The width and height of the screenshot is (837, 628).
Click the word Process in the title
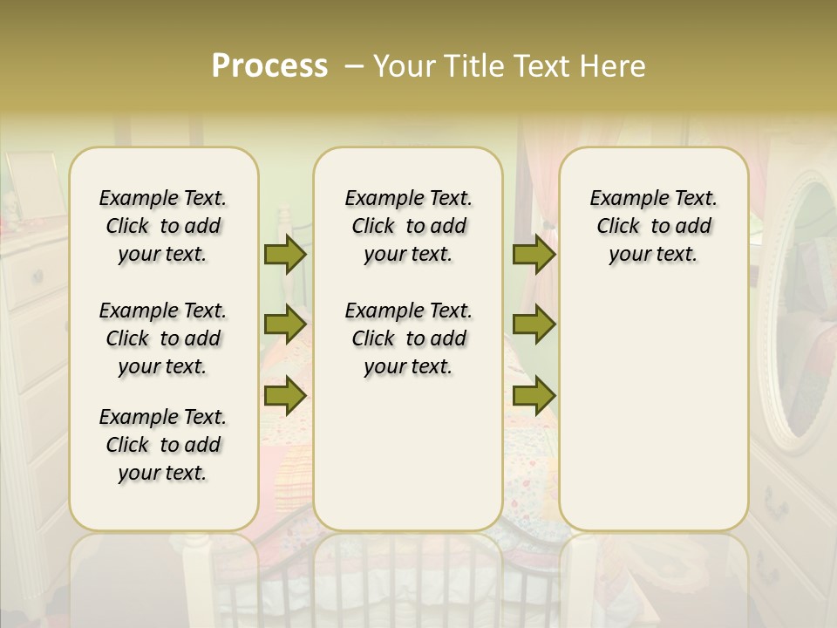[269, 66]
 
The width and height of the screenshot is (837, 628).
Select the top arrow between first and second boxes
[285, 255]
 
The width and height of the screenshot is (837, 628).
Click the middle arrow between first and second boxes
[285, 324]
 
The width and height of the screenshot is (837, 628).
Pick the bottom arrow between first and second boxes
[285, 395]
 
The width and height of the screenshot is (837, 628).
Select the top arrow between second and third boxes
[534, 255]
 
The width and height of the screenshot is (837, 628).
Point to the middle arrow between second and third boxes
[534, 324]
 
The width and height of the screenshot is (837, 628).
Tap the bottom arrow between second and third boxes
[534, 395]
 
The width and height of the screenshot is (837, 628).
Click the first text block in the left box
[163, 226]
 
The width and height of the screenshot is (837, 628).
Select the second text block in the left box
[163, 338]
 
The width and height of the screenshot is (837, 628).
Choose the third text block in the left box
[163, 445]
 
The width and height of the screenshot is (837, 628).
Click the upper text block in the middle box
[408, 226]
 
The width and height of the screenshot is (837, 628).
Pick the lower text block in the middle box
[408, 338]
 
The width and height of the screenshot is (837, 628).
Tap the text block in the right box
[653, 226]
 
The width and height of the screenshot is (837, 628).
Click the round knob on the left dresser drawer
[37, 277]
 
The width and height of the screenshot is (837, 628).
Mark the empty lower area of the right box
[653, 410]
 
